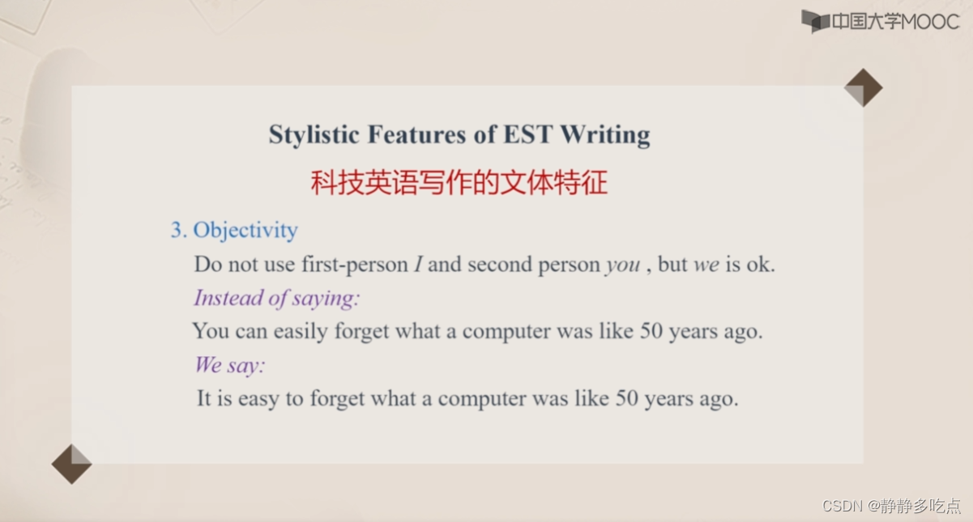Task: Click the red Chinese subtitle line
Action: coord(459,184)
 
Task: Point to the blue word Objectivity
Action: coord(245,231)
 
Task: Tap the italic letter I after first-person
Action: coord(418,265)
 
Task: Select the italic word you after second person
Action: coord(622,265)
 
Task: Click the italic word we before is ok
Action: coord(706,265)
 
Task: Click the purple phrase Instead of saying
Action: coord(276,299)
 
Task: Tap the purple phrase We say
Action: coord(229,365)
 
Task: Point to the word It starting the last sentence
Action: coord(204,398)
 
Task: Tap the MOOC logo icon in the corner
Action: coord(815,20)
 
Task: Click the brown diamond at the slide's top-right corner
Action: coord(863,87)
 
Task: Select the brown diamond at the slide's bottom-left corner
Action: coord(71,464)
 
